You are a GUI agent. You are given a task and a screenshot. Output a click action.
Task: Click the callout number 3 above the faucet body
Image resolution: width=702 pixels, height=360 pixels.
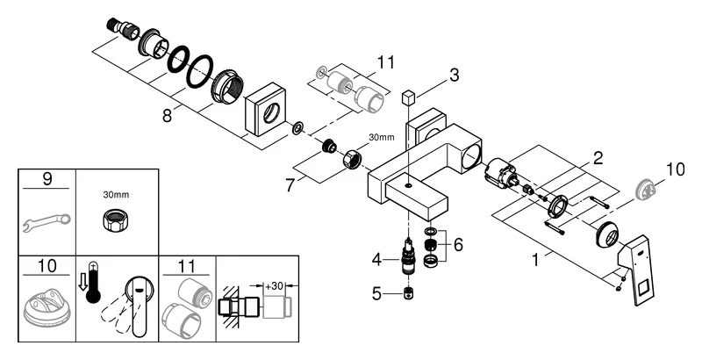tap(454, 75)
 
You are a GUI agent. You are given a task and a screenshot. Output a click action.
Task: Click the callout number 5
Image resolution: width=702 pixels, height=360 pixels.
tap(377, 294)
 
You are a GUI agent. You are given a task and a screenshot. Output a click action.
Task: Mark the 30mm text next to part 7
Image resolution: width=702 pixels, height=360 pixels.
tap(381, 137)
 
